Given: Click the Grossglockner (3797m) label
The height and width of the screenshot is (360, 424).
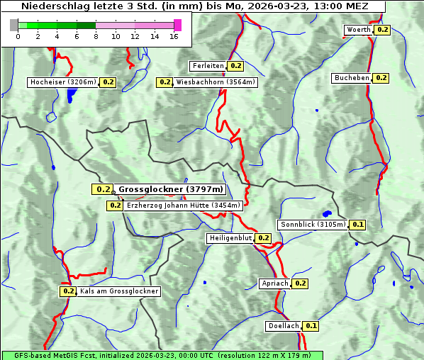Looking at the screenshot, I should coord(171,189).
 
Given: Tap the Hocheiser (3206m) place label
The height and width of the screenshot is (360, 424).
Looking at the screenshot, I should coord(63,82).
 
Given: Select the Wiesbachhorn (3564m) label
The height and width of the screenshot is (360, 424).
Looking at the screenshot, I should coord(216,82).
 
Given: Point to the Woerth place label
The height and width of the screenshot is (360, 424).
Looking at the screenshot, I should coord(358,30).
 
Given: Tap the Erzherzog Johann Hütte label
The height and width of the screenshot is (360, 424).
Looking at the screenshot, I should coord(184,206).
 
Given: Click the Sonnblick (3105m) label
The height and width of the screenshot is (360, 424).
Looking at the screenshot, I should coord(313,225).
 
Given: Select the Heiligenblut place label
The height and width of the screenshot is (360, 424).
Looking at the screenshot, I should coord(230,238).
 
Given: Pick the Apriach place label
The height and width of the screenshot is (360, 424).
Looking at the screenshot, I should coord(275,283).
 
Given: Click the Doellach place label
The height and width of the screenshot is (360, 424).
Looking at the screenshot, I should coord(284,326).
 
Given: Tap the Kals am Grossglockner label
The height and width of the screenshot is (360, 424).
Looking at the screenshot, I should coord(119,291).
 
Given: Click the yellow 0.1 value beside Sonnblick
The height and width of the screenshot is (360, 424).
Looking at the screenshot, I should coord(358,225).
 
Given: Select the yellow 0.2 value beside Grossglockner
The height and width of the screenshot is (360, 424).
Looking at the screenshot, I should coord(104,189).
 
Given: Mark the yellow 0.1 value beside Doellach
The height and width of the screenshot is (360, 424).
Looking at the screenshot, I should coord(312,326).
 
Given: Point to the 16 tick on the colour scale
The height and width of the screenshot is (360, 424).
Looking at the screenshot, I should coord(174,36).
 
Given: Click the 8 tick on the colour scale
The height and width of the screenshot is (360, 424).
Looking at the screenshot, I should coord(96,36).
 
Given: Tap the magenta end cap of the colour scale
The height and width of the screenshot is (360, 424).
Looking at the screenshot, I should coord(177,26).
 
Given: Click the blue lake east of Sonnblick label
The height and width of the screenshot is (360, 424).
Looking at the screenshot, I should coord(327,213).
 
